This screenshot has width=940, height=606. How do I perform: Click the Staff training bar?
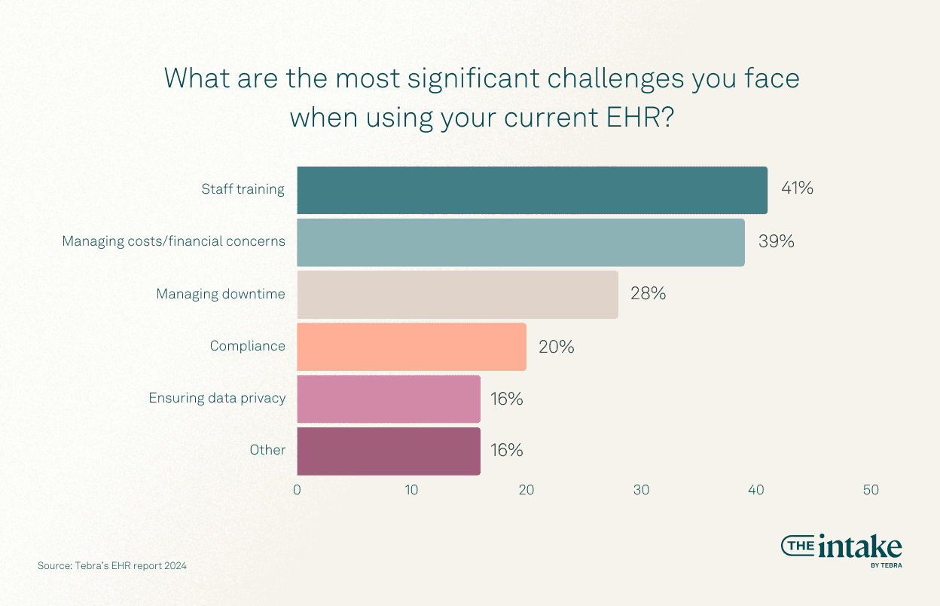(x=532, y=190)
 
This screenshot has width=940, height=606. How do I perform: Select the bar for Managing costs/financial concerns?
(x=520, y=242)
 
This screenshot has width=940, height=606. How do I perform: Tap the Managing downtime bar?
(x=457, y=294)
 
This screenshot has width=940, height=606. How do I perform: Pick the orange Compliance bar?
(x=411, y=346)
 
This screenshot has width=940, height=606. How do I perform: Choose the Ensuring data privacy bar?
(x=389, y=398)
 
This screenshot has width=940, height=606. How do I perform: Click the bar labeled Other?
(x=389, y=451)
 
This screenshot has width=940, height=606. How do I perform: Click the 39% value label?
(x=777, y=242)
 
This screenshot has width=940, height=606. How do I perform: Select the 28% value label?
(x=648, y=294)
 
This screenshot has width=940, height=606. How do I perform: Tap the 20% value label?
(x=556, y=347)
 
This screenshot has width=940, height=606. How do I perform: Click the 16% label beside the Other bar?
(x=506, y=451)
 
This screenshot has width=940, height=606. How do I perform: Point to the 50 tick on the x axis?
(x=871, y=490)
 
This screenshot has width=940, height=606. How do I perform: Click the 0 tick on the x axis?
(x=297, y=490)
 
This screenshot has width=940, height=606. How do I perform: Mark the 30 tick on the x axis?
(x=641, y=490)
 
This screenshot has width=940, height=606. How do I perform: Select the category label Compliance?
(x=248, y=346)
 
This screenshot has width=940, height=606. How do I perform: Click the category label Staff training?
(x=243, y=189)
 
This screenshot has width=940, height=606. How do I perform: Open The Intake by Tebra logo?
(x=841, y=549)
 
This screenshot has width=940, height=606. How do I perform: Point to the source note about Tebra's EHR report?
(x=112, y=565)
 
